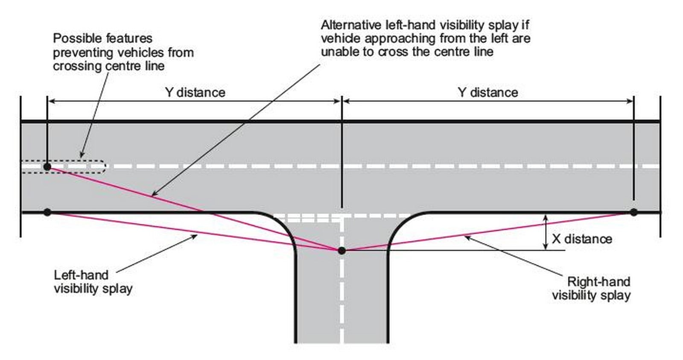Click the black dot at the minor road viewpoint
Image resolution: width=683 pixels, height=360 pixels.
(342, 251)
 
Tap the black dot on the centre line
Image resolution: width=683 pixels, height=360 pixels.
(47, 167)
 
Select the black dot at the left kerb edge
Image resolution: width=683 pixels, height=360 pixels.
(47, 212)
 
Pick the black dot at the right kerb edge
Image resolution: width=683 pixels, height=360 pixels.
(633, 212)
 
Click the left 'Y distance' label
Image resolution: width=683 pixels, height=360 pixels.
(195, 92)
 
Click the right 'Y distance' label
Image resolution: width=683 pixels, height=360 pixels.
(488, 92)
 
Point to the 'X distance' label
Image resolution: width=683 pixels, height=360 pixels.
(582, 239)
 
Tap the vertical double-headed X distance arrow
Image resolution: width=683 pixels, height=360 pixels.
(546, 232)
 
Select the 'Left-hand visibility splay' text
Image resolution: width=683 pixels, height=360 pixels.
(93, 282)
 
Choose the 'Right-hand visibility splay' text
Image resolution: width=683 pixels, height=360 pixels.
(591, 289)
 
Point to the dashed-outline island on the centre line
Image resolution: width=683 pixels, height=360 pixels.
(64, 167)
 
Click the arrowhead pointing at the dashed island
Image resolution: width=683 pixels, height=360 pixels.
(82, 154)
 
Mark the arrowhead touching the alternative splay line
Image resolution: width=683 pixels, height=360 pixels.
(155, 193)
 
